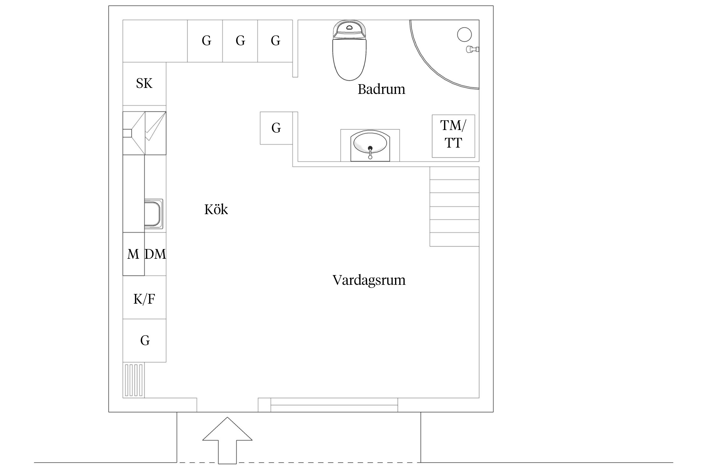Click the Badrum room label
click(381, 89)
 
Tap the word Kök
click(216, 209)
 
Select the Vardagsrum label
click(369, 280)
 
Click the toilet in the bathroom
click(349, 52)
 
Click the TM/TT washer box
click(453, 136)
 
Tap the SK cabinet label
click(144, 84)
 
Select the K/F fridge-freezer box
click(144, 299)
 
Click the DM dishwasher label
click(155, 254)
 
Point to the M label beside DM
click(133, 254)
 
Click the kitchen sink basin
click(152, 214)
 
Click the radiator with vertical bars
click(134, 380)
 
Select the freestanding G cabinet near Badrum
click(276, 128)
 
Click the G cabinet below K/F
click(144, 341)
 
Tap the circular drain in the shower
click(464, 35)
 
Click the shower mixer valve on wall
click(472, 49)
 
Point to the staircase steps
click(454, 206)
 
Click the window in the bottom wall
click(334, 405)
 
